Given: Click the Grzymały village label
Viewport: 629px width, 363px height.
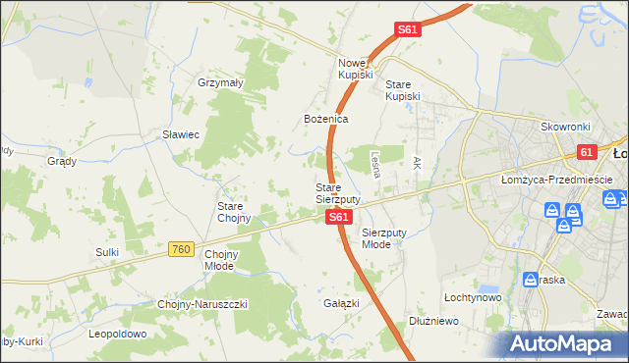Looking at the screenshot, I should click(x=220, y=83).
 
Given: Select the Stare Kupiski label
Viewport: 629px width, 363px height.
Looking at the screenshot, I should click(x=402, y=90).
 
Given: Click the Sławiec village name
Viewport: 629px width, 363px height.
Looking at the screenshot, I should click(x=182, y=134).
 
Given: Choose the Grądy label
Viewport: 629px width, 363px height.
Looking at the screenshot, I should click(x=62, y=160).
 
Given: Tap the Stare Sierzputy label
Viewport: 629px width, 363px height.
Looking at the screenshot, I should click(x=337, y=193).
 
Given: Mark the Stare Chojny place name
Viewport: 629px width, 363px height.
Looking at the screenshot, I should click(x=234, y=212).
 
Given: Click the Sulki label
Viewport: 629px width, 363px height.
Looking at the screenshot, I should click(x=107, y=252).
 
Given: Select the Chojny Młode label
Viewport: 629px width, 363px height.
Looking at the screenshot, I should click(x=220, y=259).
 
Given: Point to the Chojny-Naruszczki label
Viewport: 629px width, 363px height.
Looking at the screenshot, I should click(x=202, y=304).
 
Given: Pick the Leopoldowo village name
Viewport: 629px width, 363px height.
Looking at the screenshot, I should click(x=117, y=334).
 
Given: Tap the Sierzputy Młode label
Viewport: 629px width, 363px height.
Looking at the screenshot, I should click(x=382, y=238).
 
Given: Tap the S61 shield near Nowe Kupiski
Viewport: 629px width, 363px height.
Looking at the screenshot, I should click(x=409, y=30).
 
